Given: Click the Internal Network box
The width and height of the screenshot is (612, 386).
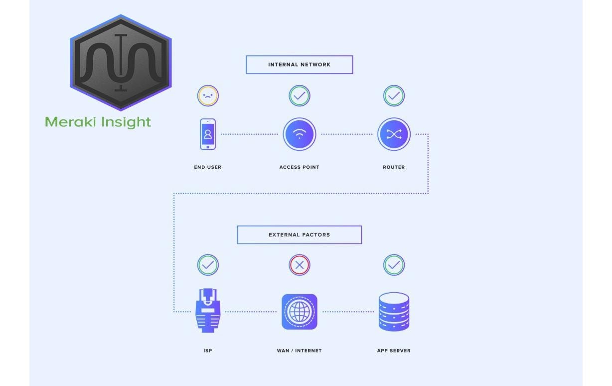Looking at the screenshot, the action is [299, 64].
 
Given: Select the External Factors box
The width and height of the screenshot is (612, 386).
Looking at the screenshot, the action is [299, 235].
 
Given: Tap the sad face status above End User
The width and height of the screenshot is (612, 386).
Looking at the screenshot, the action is [208, 95].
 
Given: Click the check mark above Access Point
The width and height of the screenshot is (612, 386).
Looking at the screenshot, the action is [299, 95].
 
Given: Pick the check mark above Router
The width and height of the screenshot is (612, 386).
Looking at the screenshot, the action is [394, 95].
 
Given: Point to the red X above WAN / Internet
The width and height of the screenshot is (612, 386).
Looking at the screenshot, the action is [299, 265].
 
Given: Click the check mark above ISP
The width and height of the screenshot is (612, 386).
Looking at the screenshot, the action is [208, 265].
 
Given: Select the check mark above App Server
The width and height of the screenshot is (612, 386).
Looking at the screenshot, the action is [394, 265].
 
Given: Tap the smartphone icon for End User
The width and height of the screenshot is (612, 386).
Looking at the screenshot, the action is [208, 134].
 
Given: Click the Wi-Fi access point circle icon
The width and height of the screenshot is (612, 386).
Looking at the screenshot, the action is [299, 134].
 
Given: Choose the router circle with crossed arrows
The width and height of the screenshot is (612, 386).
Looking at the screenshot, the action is [394, 134].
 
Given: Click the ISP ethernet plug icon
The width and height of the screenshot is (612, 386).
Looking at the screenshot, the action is [208, 311].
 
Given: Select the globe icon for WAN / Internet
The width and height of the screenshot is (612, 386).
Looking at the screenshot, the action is [299, 312].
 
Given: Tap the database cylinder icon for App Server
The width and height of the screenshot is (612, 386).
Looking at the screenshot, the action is [394, 312].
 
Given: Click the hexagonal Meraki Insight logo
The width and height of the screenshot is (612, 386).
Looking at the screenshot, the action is [121, 63].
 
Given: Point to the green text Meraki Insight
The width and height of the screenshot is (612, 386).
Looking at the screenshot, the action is [98, 122].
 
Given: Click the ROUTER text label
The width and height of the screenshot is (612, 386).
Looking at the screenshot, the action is [394, 167].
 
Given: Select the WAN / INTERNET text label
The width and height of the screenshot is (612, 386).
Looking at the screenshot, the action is [299, 351].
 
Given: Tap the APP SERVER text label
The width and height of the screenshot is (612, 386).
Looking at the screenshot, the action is [394, 351].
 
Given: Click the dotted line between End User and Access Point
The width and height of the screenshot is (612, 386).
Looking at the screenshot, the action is [249, 134].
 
